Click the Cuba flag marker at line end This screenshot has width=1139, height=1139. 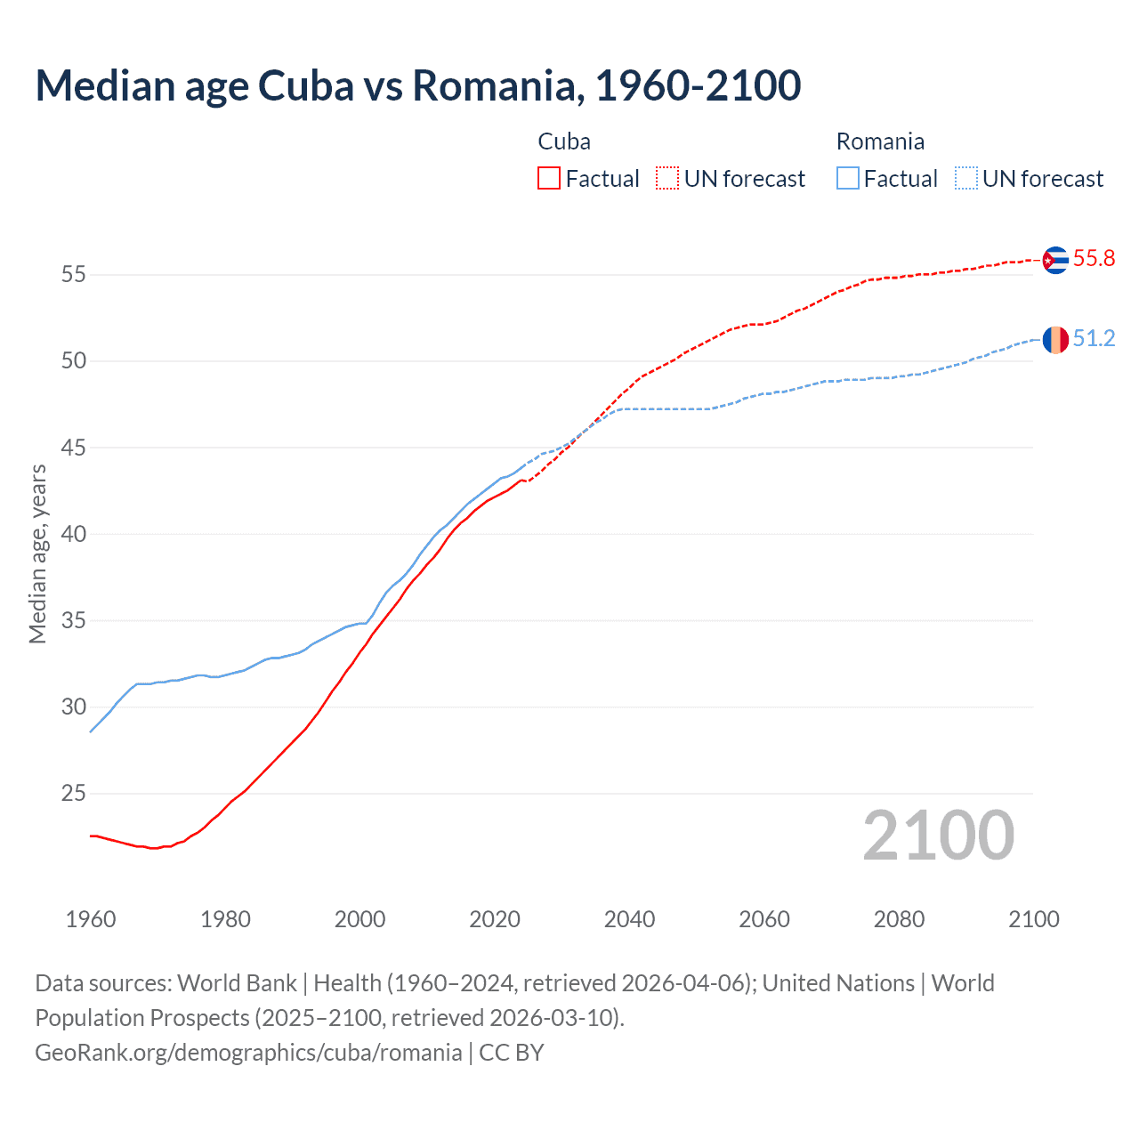tap(1055, 260)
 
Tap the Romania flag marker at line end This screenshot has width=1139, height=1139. tap(1055, 339)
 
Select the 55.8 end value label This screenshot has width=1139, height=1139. tap(1094, 259)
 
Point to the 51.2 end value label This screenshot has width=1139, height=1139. tap(1094, 339)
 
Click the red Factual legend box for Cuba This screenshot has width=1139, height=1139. tap(549, 179)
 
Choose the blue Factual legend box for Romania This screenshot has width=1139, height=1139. tap(848, 179)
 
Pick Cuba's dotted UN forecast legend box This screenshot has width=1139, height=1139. tap(667, 179)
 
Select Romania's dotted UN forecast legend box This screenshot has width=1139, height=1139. tap(966, 179)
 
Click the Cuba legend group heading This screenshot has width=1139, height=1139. tap(564, 141)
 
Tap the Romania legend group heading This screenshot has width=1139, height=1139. tap(880, 141)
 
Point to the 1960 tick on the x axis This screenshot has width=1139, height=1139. tap(91, 919)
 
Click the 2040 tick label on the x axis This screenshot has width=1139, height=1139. tap(629, 919)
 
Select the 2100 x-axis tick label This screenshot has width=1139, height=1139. tap(1033, 919)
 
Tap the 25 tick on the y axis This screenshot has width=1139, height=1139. tap(73, 793)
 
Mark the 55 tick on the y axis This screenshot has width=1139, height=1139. tap(73, 275)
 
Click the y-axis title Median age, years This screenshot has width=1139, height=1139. tap(37, 553)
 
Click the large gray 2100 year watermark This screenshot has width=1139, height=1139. tap(938, 836)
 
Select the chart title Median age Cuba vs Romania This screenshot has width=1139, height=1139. tap(418, 85)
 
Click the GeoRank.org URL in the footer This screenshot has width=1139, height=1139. tap(248, 1053)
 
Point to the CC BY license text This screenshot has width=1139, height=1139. tap(512, 1053)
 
